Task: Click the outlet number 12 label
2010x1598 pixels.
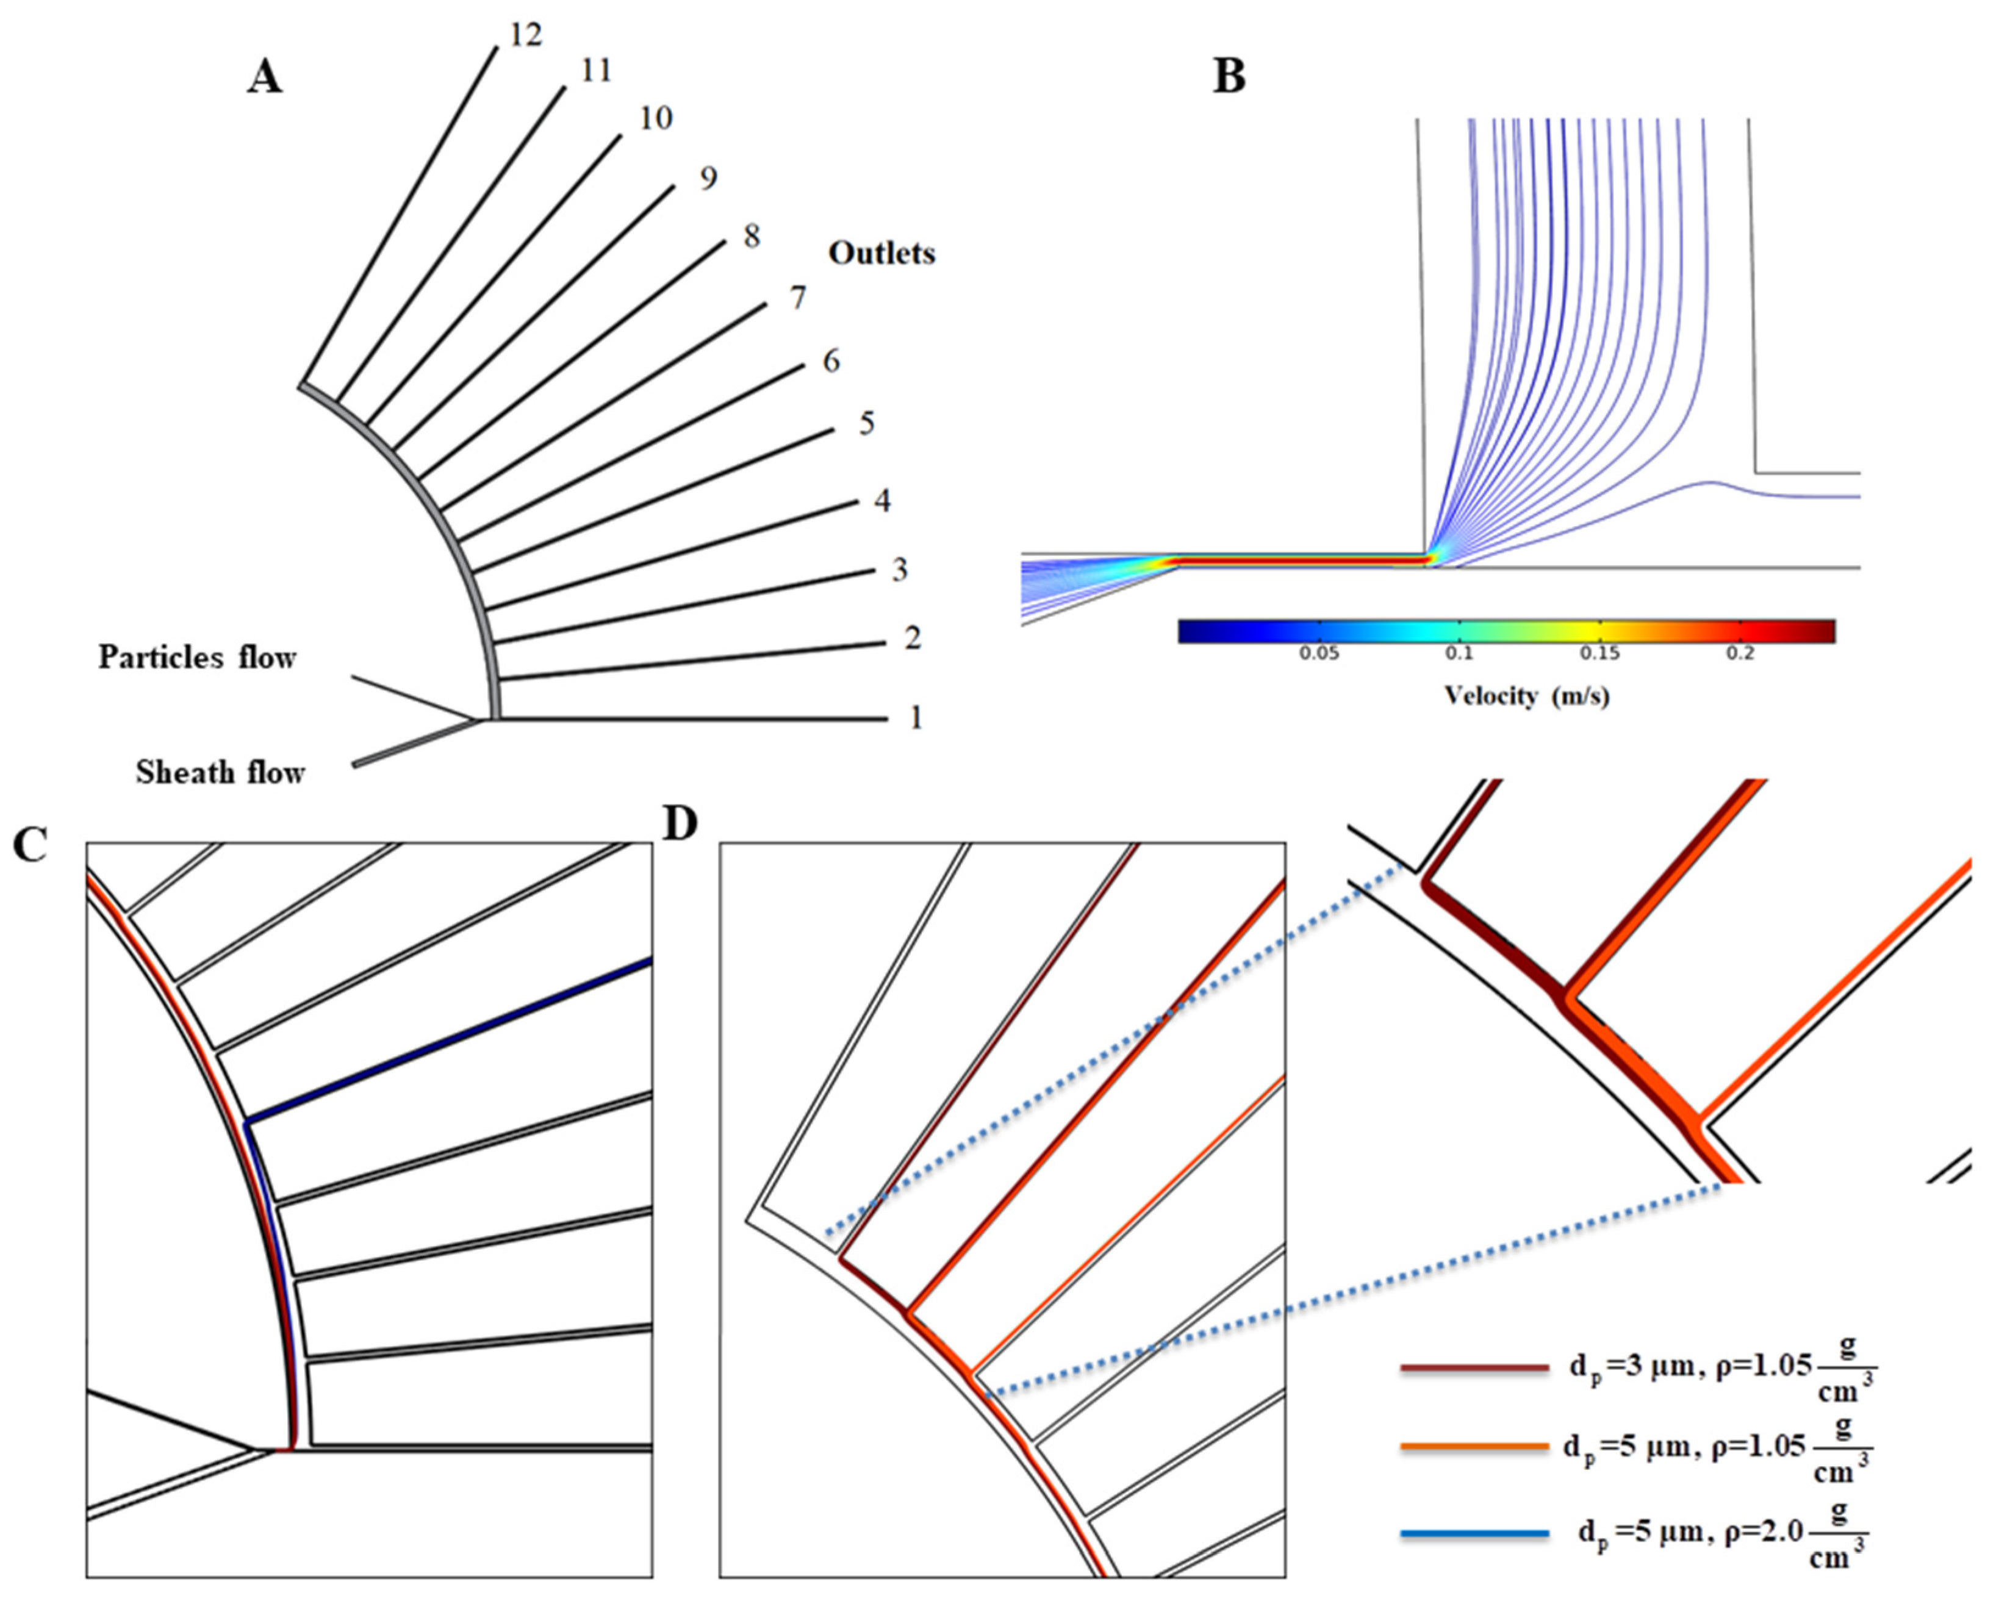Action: (525, 35)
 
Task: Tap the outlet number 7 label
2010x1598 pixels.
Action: (797, 298)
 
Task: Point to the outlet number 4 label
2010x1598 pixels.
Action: (882, 501)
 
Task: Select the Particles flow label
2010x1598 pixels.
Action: (198, 657)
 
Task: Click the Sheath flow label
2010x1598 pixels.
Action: (220, 772)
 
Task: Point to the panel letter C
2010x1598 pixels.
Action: (30, 845)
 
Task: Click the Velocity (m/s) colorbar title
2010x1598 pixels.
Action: (1526, 695)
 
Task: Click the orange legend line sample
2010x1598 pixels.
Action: (1474, 1447)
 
